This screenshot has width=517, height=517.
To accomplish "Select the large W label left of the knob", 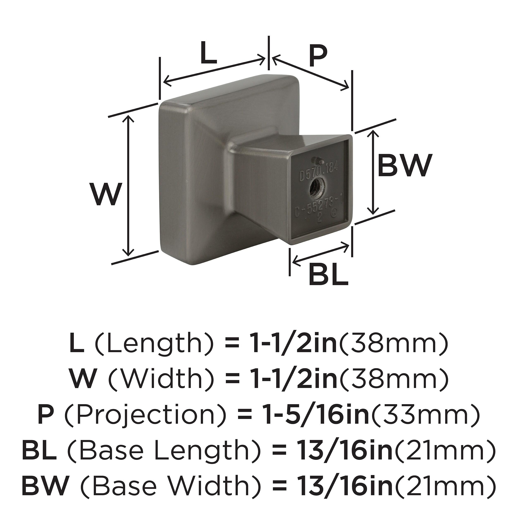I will click(x=104, y=194).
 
